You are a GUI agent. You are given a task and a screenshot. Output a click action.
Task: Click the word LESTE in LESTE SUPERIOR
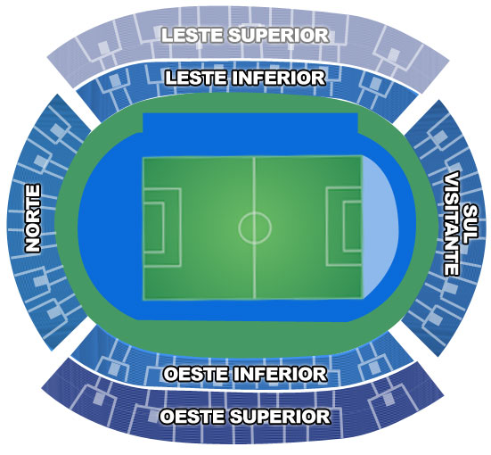(192, 35)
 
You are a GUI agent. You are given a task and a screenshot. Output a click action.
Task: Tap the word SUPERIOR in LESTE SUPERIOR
(278, 35)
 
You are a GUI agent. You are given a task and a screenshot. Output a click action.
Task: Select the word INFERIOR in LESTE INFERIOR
(278, 78)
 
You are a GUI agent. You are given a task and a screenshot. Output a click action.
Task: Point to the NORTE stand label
(33, 219)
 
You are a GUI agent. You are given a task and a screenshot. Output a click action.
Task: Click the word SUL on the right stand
(470, 224)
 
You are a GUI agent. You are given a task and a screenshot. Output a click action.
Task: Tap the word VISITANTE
(452, 224)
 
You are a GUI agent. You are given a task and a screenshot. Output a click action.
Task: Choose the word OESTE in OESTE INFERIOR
(196, 374)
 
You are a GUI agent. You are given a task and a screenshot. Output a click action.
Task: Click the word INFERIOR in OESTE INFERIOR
(281, 374)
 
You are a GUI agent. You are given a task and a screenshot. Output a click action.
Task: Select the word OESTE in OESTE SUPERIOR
(192, 417)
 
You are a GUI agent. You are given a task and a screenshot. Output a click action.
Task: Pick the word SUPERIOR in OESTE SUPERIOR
(281, 417)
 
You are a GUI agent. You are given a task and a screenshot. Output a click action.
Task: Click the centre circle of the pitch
(255, 212)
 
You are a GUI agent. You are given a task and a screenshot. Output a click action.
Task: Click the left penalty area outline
(181, 227)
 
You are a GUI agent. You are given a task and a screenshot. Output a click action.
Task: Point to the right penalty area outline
(326, 227)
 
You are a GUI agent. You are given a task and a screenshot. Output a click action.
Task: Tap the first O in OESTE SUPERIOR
(167, 417)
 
